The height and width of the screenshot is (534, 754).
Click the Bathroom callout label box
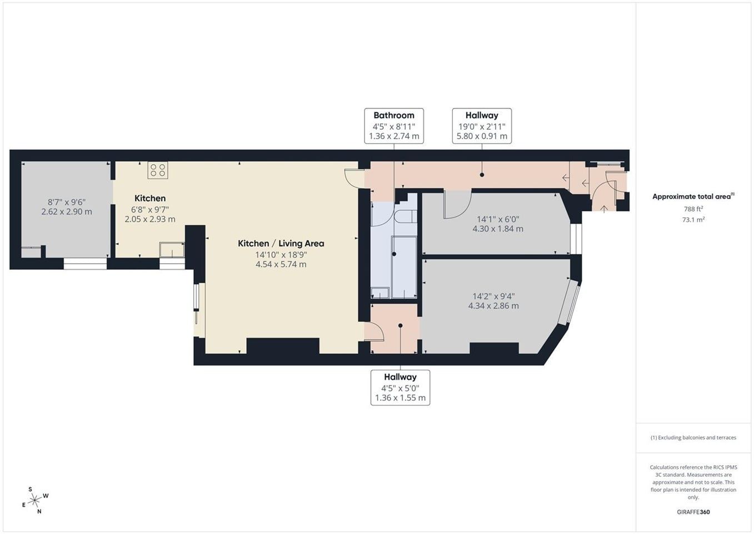394,126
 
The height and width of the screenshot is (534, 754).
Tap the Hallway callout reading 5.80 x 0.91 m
482,126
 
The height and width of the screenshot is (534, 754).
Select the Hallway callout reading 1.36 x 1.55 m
400,388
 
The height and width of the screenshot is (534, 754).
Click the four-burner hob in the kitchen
158,170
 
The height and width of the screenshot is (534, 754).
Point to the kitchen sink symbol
172,250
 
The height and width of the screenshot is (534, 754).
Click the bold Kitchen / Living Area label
281,243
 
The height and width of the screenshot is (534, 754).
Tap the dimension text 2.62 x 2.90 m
67,211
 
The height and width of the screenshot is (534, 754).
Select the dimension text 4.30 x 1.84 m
498,229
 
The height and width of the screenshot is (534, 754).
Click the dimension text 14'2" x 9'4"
493,296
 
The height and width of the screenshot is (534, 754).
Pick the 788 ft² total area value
693,209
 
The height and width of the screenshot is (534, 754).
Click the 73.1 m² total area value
693,220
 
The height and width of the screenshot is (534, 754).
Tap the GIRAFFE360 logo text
693,512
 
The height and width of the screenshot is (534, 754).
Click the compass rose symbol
34,501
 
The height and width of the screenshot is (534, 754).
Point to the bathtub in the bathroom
404,267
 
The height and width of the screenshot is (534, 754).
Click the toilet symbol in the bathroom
405,216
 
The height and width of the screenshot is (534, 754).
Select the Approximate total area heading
693,196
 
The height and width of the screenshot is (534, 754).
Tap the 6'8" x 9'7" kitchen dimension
150,209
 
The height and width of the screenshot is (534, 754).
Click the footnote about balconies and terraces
693,438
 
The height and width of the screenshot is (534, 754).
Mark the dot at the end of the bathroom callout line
394,254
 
